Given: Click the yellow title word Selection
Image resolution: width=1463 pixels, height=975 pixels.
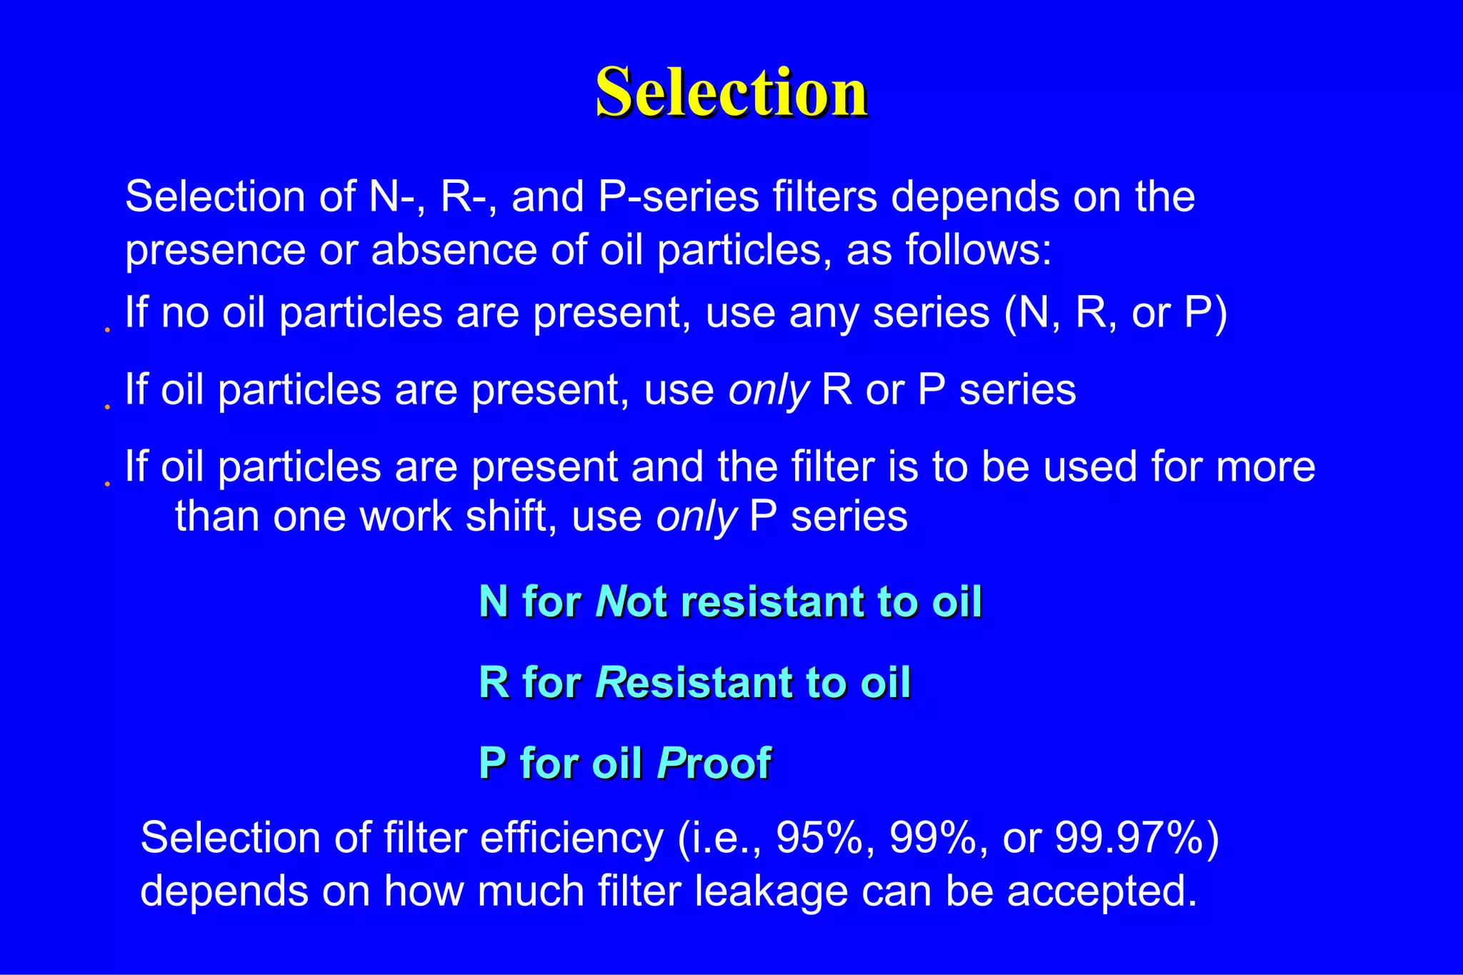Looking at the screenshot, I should tap(731, 93).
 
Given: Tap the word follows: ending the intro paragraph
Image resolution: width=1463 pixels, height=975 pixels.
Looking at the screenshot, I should tap(978, 250).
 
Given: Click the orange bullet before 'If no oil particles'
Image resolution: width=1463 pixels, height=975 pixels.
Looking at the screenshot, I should tap(107, 330).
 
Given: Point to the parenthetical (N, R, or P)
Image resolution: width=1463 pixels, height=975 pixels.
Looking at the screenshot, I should tap(1115, 313).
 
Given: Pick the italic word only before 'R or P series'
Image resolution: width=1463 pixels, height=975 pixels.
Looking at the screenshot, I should tap(768, 391).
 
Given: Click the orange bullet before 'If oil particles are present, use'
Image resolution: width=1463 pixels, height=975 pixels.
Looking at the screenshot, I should tap(107, 407).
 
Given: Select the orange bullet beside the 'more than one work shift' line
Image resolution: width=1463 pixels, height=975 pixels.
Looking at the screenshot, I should tap(107, 484).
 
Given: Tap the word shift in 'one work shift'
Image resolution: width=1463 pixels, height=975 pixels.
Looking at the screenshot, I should tap(510, 516).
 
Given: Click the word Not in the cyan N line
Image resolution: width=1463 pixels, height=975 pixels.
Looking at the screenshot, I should tap(631, 601).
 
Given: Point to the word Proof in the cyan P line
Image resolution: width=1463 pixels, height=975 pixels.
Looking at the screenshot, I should tap(714, 764).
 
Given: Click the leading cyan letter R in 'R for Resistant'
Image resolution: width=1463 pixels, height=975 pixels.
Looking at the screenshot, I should tap(494, 682).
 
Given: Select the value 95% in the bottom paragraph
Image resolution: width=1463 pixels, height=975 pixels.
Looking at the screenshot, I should tap(819, 838).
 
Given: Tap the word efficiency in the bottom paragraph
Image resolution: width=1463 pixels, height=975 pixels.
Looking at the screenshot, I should tap(571, 838).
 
